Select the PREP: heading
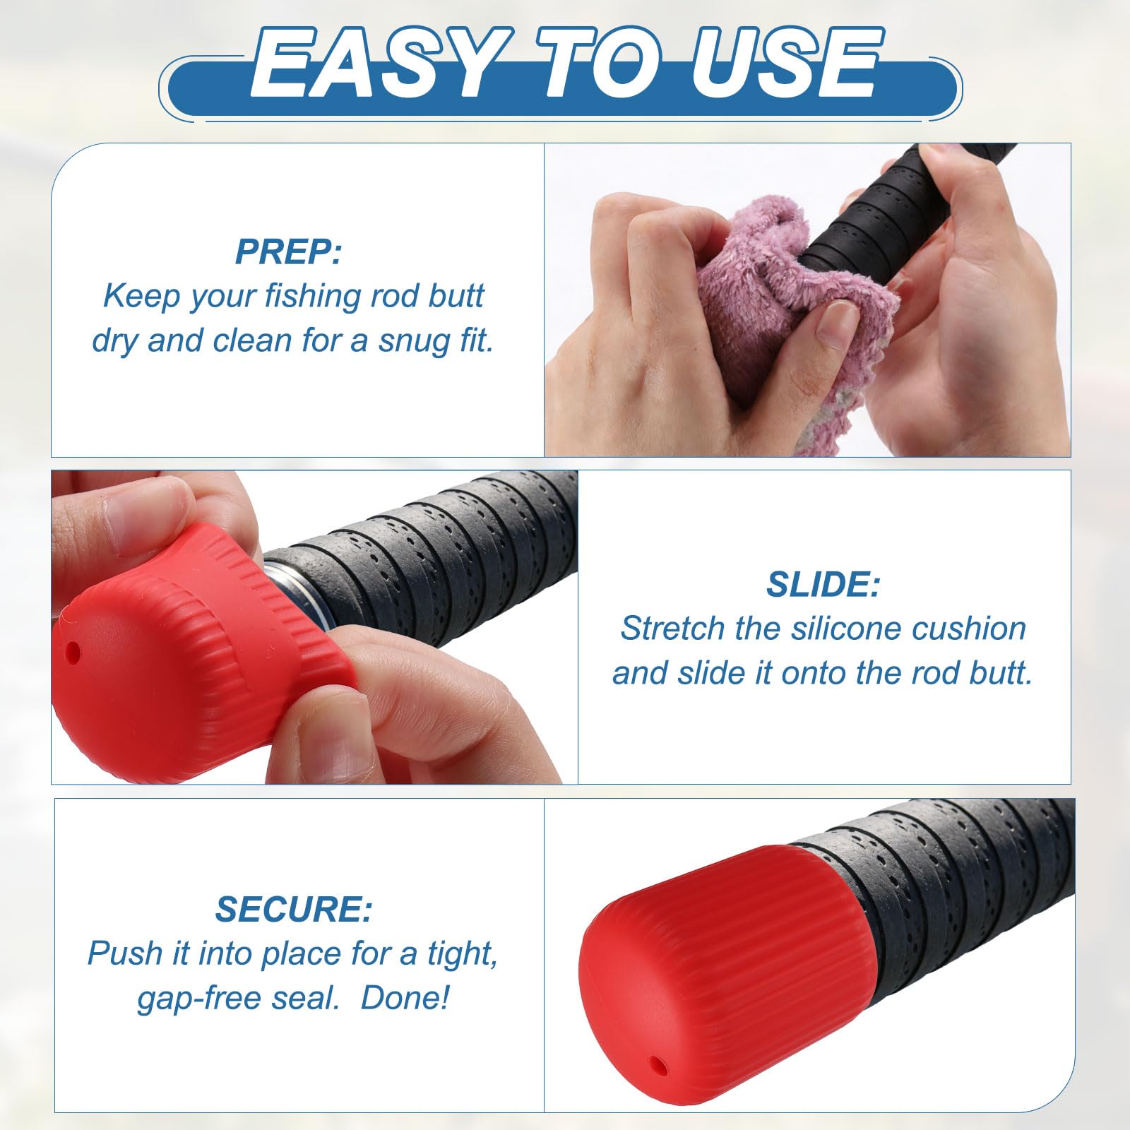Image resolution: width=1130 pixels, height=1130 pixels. (x=288, y=251)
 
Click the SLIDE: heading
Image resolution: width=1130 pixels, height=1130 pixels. (x=823, y=585)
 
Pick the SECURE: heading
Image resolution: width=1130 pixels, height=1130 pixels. (x=293, y=909)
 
